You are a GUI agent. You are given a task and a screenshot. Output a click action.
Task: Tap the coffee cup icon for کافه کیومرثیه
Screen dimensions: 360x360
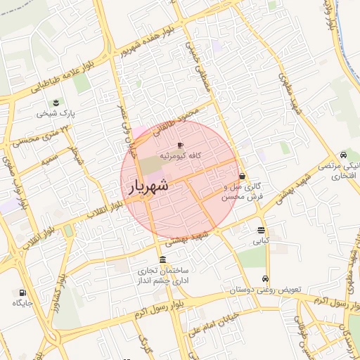[180, 145]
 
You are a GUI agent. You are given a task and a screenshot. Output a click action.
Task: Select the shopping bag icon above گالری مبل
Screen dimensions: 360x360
[243, 176]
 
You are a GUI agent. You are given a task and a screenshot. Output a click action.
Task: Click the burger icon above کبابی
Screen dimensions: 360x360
[261, 230]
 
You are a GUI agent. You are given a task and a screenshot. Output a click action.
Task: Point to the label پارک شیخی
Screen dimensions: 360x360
[57, 112]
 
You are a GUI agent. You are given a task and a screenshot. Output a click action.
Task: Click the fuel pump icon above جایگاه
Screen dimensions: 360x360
[22, 292]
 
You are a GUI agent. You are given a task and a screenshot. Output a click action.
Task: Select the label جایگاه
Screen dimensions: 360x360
[22, 303]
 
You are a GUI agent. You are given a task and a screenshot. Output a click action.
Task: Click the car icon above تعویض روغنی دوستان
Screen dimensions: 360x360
[265, 279]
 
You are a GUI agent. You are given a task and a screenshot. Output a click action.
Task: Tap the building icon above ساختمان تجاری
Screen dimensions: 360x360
[162, 259]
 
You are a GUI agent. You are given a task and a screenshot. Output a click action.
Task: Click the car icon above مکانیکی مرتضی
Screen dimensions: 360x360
[342, 155]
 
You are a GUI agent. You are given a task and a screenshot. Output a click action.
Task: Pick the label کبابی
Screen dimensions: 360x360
[262, 240]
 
